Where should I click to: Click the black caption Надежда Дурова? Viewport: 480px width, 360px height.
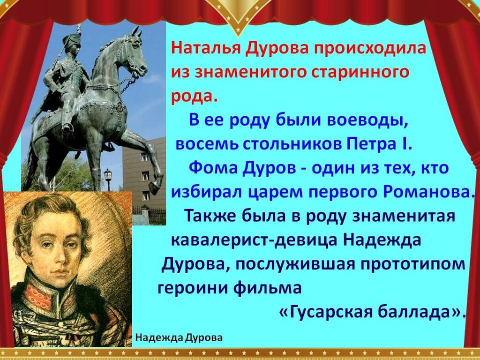pos(179,338)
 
